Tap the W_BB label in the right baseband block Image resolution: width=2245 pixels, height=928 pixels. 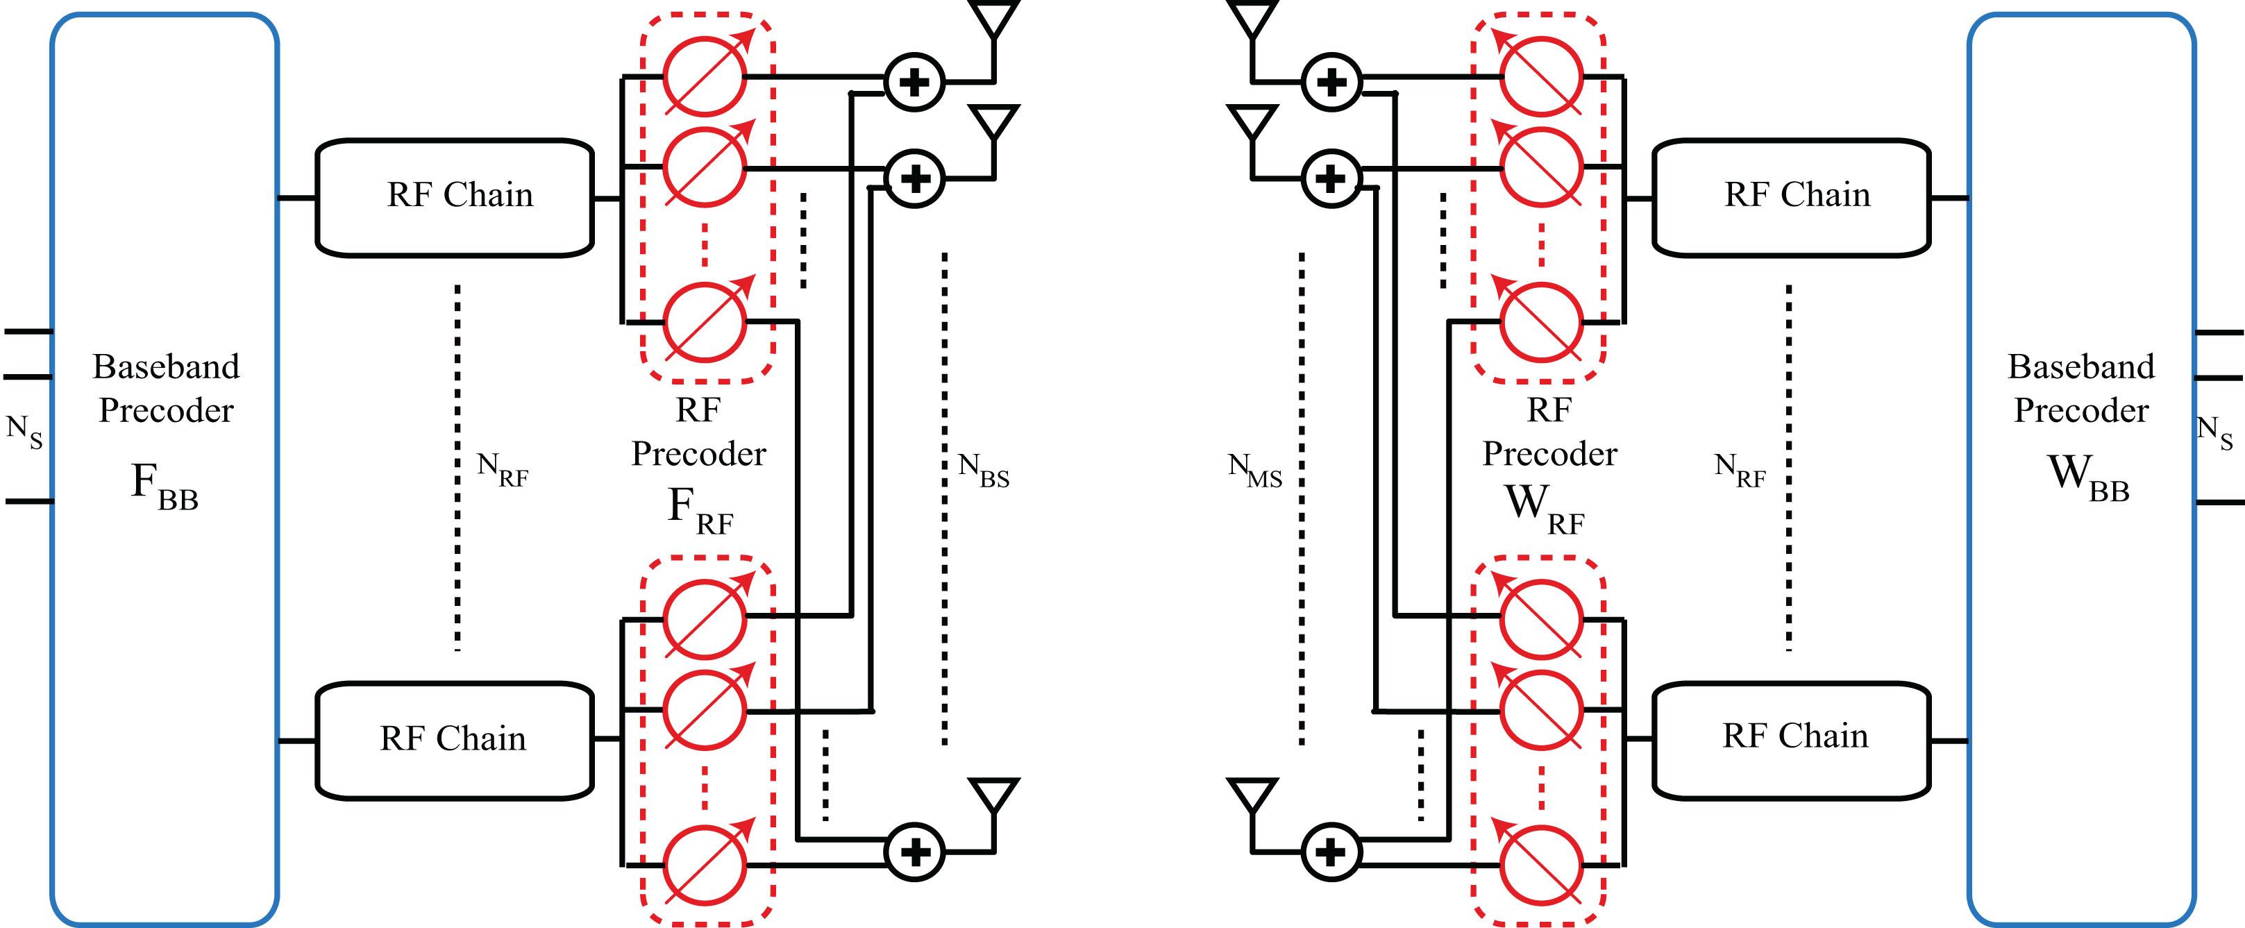(2087, 478)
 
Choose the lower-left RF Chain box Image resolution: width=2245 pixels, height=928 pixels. (454, 740)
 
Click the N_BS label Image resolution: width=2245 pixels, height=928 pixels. (983, 471)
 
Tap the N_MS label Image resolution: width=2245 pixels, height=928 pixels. (1255, 471)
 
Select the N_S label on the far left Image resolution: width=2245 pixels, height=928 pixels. (24, 431)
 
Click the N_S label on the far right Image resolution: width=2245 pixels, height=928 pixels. (2214, 431)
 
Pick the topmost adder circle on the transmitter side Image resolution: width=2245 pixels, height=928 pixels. (914, 83)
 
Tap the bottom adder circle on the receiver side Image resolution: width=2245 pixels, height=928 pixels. (1330, 852)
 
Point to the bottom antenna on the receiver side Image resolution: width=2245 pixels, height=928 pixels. (1252, 798)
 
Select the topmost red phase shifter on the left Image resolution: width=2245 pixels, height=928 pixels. (704, 76)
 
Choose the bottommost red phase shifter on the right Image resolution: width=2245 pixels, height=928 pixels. (1541, 864)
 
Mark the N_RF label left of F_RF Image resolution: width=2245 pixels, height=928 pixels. (503, 471)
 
